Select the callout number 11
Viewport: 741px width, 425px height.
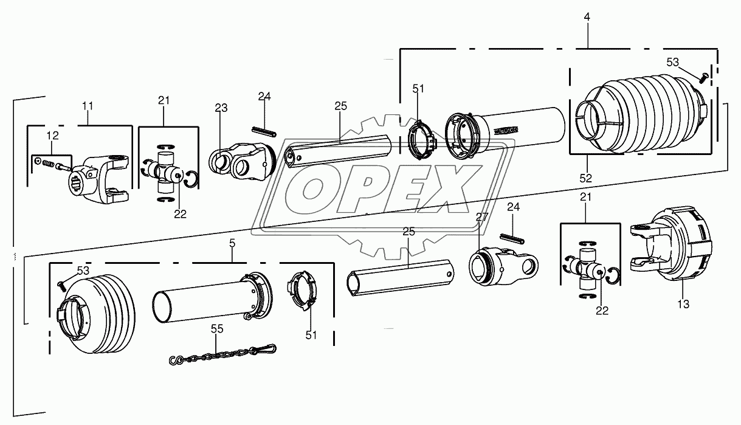88,106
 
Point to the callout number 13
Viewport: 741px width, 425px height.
683,304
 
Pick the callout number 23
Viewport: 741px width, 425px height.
221,109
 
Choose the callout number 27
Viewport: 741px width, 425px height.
481,216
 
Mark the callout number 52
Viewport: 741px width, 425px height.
585,179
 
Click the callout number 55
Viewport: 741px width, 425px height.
217,329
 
